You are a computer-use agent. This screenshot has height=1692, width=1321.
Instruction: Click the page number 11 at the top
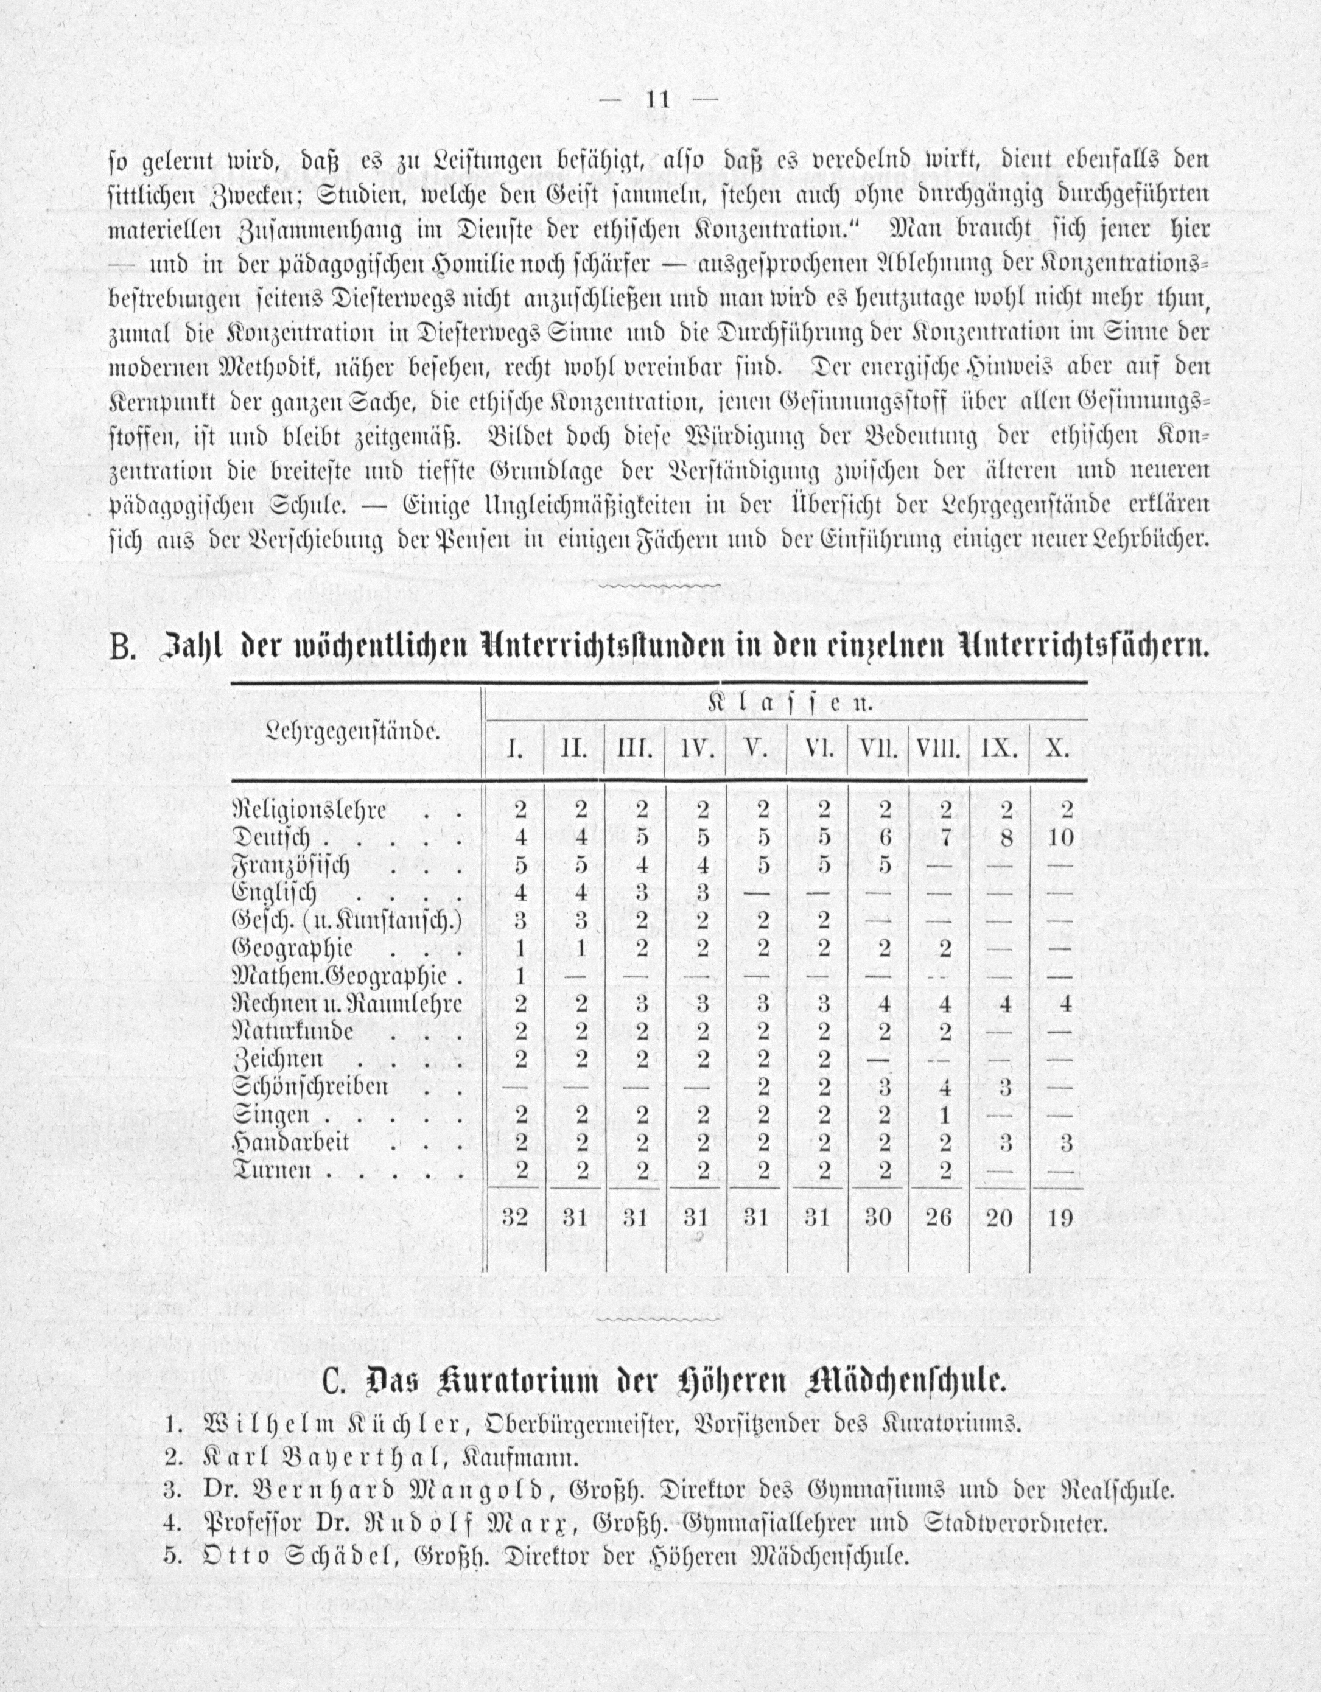tap(656, 100)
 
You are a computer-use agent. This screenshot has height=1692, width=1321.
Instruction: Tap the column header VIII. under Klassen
tap(938, 750)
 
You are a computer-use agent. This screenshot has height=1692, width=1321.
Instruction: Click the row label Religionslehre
tap(310, 810)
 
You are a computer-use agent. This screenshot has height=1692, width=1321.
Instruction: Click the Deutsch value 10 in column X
tap(1060, 837)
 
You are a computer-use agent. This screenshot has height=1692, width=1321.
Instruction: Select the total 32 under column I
tap(514, 1218)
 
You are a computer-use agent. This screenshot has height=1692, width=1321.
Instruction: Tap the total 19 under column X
tap(1060, 1218)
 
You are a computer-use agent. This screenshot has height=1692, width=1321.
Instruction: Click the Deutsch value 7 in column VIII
tap(944, 837)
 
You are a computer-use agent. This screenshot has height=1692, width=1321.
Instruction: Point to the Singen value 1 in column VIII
tap(944, 1115)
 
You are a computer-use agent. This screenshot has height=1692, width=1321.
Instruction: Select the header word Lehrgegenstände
tap(352, 730)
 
